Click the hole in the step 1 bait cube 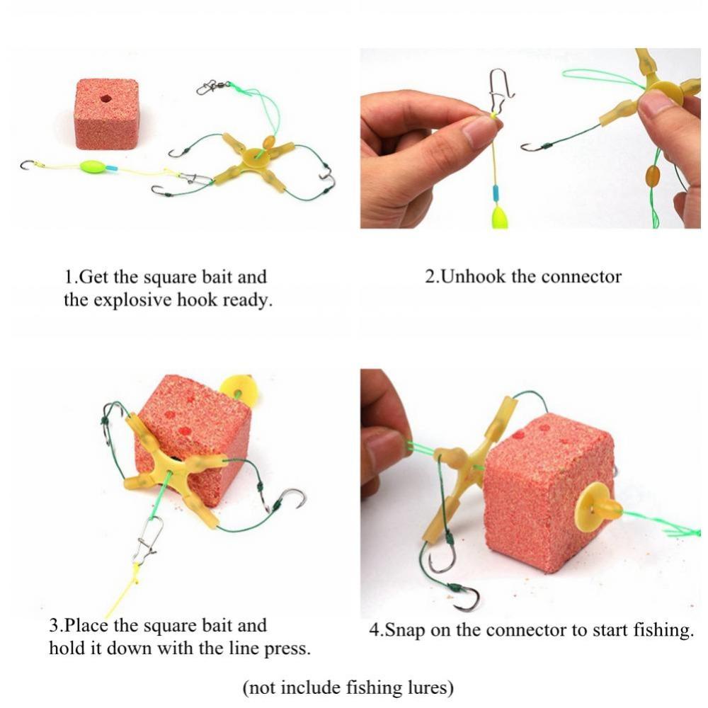click(105, 98)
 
